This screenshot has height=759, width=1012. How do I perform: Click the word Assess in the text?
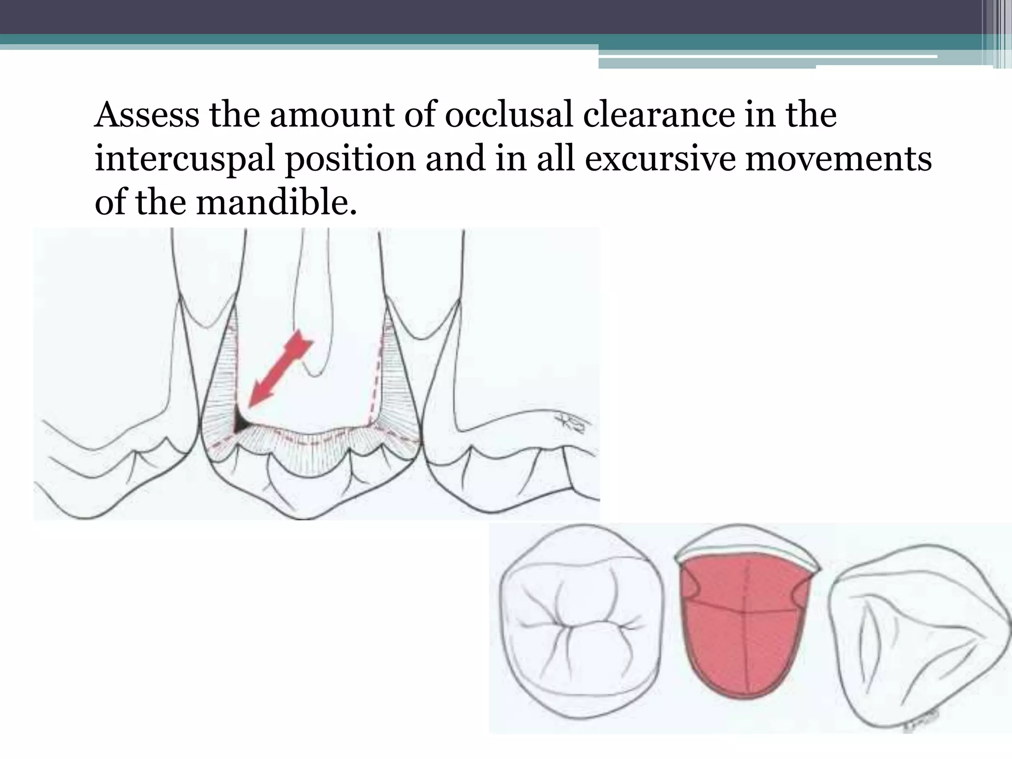(147, 116)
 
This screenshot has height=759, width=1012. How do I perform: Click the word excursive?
(660, 159)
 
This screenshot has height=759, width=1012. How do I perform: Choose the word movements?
(838, 159)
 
